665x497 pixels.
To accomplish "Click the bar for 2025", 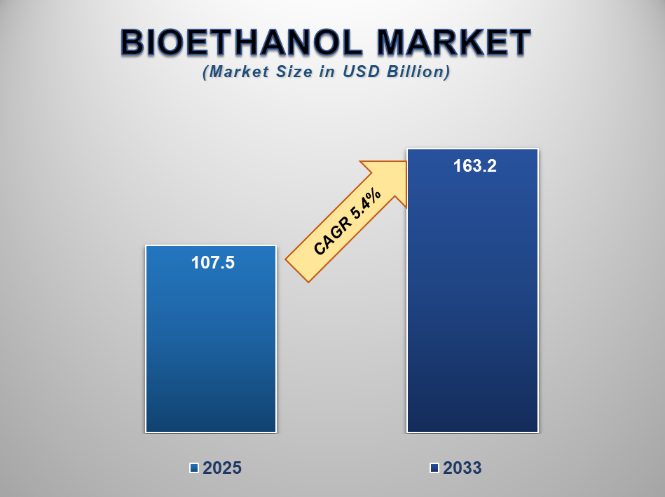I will click(211, 350).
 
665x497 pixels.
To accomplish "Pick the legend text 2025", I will click(222, 468).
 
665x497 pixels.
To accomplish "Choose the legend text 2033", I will click(462, 468).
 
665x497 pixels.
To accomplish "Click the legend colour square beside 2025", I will click(194, 468).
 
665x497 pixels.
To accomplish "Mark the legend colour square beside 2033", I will click(434, 468).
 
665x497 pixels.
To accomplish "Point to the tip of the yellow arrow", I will click(406, 163).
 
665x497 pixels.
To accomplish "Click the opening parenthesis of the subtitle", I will click(205, 72).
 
